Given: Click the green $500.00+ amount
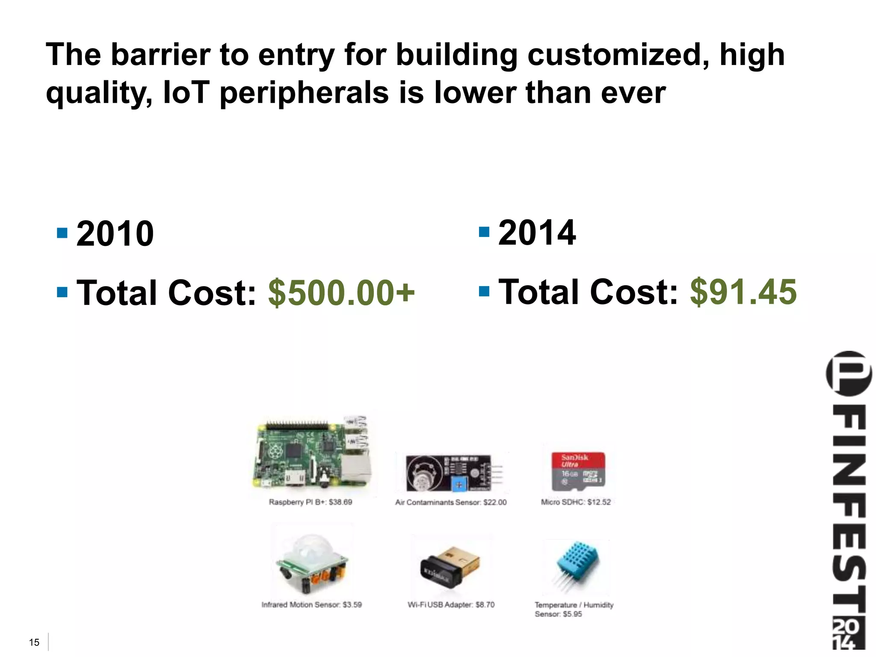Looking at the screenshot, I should pyautogui.click(x=341, y=293).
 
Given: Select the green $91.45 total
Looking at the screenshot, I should pyautogui.click(x=743, y=292).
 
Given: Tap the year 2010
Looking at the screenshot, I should pyautogui.click(x=115, y=234).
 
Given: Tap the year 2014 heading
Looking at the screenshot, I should pyautogui.click(x=537, y=233).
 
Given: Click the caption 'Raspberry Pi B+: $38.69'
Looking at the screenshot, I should pyautogui.click(x=311, y=502).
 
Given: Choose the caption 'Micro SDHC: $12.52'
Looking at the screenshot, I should pyautogui.click(x=576, y=502).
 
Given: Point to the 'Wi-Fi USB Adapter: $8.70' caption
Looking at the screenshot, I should pyautogui.click(x=451, y=605).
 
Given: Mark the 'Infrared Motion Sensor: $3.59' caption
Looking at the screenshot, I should pyautogui.click(x=311, y=605).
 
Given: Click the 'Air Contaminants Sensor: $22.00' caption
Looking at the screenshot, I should pyautogui.click(x=451, y=503).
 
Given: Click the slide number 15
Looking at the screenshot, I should pyautogui.click(x=34, y=642).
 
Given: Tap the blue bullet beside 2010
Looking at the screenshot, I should pyautogui.click(x=62, y=233).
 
